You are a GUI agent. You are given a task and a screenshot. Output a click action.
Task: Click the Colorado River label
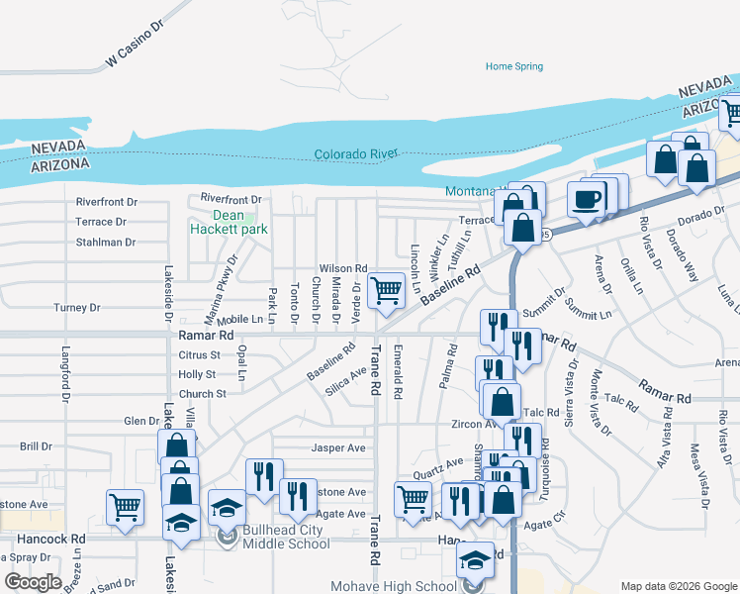(x=356, y=154)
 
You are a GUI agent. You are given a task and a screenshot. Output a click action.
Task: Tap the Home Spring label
(x=513, y=66)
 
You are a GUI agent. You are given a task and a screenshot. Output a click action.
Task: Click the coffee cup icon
(x=587, y=199)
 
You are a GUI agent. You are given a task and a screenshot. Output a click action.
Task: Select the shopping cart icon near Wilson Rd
(x=386, y=290)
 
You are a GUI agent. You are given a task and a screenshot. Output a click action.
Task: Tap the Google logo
(x=33, y=582)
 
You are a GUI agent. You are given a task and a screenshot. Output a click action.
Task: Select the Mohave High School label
(x=408, y=586)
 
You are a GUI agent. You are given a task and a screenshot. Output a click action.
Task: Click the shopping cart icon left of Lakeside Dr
(x=126, y=507)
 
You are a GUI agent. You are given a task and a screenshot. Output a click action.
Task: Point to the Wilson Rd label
(x=342, y=268)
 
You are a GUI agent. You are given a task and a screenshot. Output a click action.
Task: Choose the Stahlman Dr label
(x=106, y=242)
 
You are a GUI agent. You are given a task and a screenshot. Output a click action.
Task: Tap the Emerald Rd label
(x=398, y=372)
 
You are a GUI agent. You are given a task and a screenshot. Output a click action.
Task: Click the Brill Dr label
(x=35, y=446)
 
